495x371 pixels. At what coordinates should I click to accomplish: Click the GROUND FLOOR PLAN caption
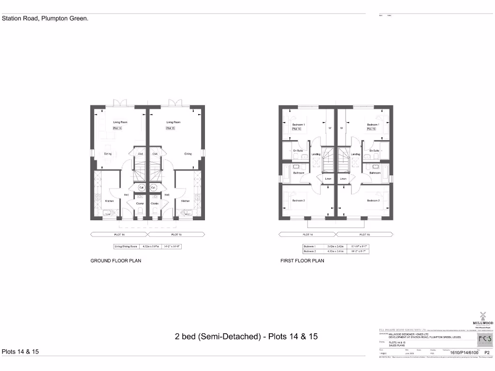coord(116,260)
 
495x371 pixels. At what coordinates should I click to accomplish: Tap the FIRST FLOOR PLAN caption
coord(302,260)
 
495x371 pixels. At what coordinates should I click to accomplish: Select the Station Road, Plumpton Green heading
coord(45,19)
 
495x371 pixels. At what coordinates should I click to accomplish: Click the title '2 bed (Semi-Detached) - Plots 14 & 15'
coord(246,336)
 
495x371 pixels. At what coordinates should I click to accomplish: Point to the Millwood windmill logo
coord(482,314)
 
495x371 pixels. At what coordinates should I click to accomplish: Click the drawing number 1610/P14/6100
coord(464,353)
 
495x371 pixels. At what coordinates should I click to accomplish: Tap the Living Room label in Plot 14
coord(120,122)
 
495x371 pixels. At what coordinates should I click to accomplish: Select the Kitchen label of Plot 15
coord(185,201)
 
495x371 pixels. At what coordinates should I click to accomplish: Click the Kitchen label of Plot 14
coord(109,201)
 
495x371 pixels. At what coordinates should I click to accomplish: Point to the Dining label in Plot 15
coord(188,154)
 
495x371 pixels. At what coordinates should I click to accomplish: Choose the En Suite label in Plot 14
coord(298,151)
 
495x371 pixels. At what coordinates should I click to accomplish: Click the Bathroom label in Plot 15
coord(375,172)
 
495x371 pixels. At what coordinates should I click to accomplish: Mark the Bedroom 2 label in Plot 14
coord(298,200)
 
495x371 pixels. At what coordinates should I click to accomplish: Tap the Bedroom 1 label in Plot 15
coord(373,125)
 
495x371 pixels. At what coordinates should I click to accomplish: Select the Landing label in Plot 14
coord(316,154)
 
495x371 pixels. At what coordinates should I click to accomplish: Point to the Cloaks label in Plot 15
coord(154,203)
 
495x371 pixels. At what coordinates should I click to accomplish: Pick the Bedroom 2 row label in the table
coord(308,251)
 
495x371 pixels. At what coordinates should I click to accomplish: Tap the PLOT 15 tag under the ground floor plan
coord(176,234)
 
